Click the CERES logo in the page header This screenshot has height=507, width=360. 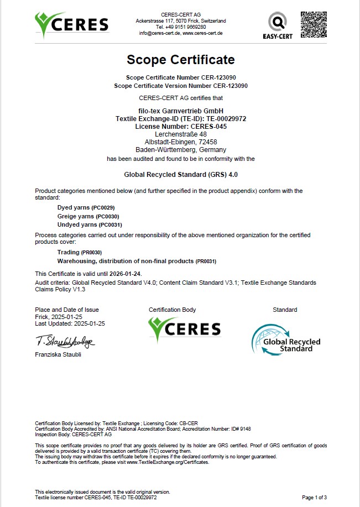[71, 25]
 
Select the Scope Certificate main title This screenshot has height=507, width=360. [180, 60]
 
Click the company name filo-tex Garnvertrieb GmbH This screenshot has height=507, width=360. [180, 111]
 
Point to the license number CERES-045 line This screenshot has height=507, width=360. [180, 127]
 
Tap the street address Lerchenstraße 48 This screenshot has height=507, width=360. [180, 134]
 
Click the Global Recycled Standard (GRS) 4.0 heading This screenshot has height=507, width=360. [180, 173]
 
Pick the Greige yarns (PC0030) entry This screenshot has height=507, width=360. [88, 216]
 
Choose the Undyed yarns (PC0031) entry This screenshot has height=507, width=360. [90, 225]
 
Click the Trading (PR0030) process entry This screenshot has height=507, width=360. [79, 252]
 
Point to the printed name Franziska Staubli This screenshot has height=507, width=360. [58, 354]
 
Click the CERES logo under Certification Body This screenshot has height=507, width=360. [185, 328]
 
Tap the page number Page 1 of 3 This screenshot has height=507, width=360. [314, 498]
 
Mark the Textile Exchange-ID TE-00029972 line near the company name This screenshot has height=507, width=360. [180, 119]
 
